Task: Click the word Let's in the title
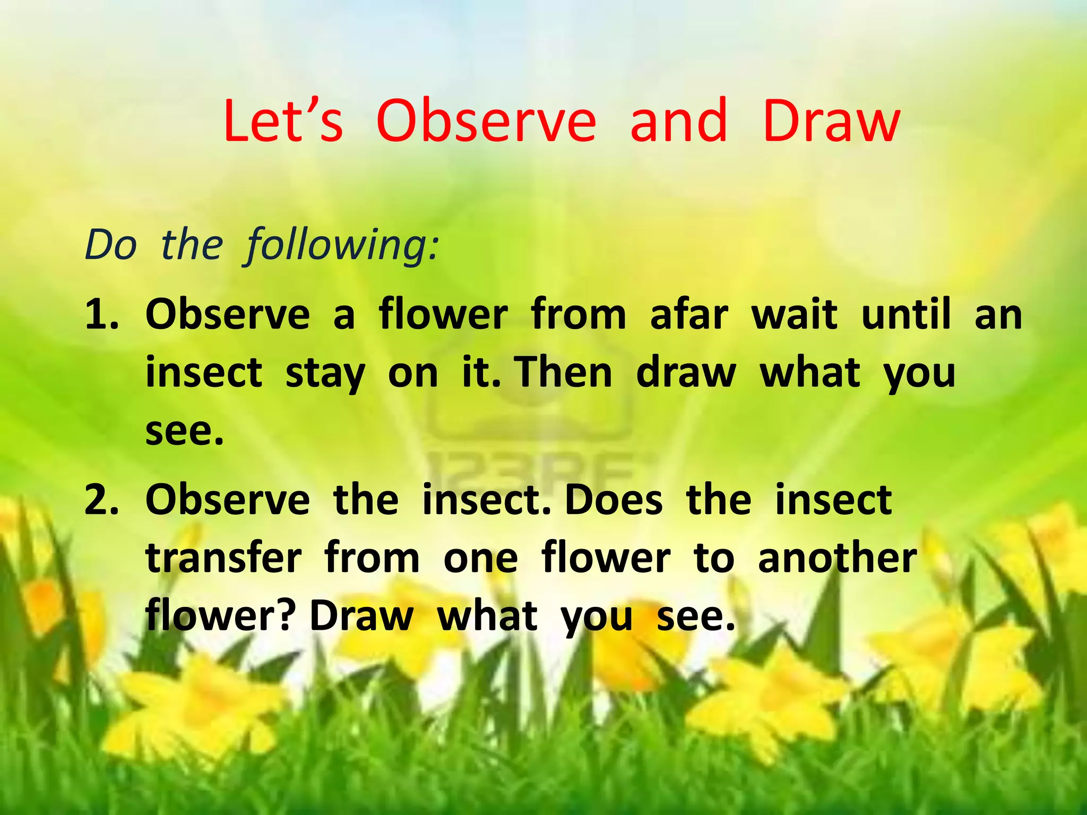[283, 121]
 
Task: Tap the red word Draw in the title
[831, 121]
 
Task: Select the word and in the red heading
[678, 121]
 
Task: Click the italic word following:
[342, 246]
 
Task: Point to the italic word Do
[111, 246]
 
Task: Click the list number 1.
[101, 315]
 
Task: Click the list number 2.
[101, 500]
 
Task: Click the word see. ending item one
[184, 431]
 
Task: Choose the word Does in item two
[614, 500]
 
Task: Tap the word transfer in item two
[223, 558]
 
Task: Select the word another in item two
[837, 558]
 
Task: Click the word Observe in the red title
[486, 121]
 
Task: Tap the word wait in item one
[794, 315]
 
